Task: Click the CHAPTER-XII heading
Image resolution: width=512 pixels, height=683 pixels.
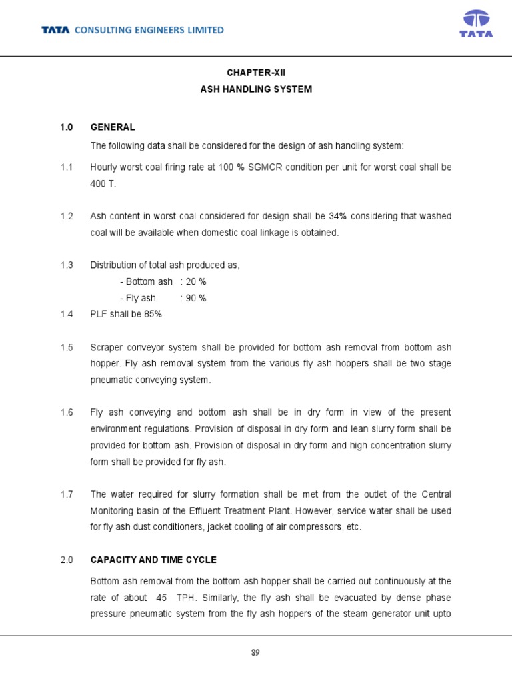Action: (256, 72)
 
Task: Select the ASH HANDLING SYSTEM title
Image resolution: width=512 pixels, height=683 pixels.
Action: (256, 89)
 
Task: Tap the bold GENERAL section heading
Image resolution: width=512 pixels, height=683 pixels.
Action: (113, 127)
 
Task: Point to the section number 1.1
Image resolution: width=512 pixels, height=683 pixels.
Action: (66, 167)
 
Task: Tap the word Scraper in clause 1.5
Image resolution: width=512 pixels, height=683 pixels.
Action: (107, 348)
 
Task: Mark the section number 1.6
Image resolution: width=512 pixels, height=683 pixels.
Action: (66, 413)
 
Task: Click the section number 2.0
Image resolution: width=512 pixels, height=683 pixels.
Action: (66, 560)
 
